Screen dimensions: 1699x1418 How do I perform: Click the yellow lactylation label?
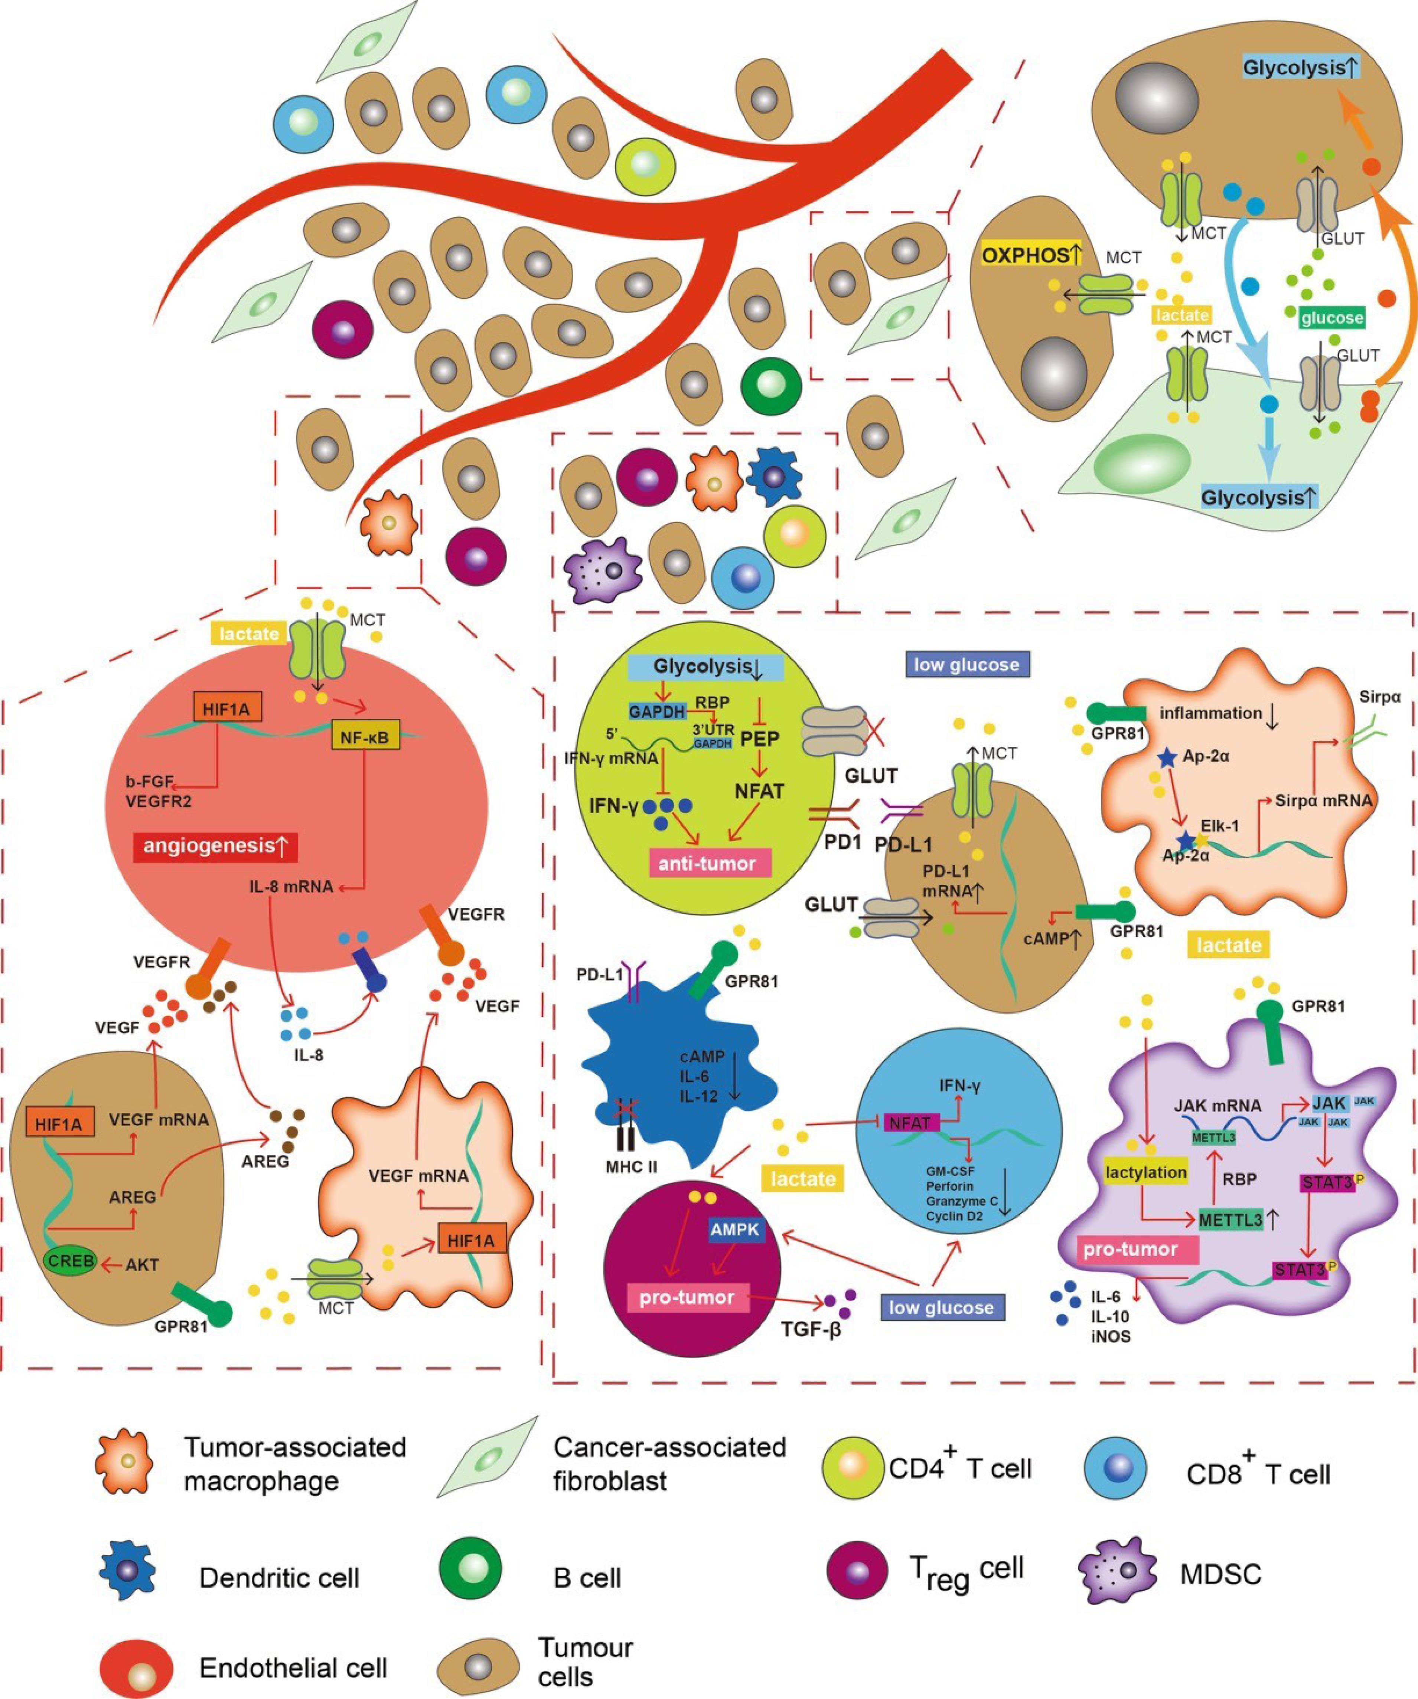[1146, 1172]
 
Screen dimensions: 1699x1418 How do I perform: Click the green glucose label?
[1331, 317]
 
